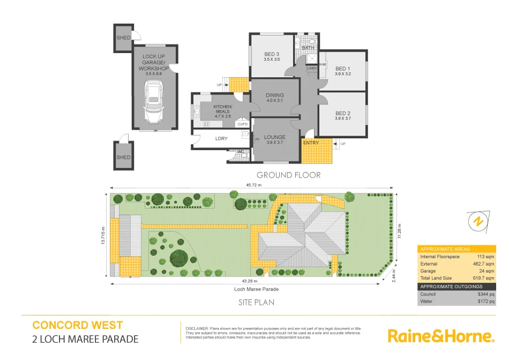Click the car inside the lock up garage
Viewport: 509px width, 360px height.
(154, 102)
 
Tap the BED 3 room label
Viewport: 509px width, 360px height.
(272, 54)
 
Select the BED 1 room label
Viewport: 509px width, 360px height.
(342, 69)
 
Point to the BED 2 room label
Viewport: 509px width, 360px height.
(342, 113)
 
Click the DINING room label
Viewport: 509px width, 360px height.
(275, 95)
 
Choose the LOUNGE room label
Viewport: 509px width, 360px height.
(274, 137)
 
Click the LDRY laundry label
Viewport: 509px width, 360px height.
(221, 139)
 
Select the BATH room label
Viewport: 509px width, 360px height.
(308, 48)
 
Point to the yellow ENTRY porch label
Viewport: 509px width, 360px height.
(311, 143)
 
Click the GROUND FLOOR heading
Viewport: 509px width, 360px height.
(288, 175)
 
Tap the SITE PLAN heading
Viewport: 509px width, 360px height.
(256, 302)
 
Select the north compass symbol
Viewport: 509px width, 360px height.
(478, 221)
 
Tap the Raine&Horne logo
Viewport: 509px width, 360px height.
(440, 336)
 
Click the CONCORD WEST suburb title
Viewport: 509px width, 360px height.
(78, 325)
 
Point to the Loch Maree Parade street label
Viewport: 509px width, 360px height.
(256, 289)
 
